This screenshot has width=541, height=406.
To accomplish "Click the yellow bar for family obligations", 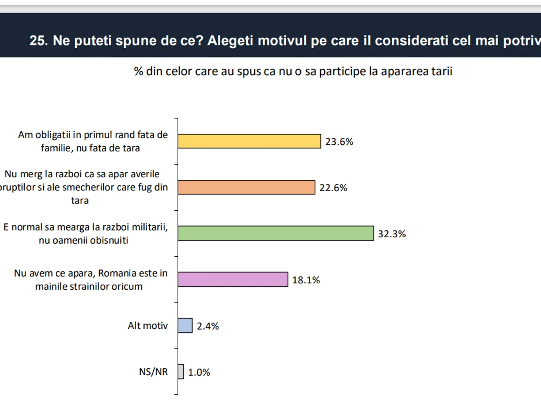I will (x=249, y=141).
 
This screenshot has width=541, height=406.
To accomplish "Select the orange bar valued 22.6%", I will (x=246, y=188).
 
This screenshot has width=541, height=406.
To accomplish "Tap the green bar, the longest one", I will (x=275, y=233).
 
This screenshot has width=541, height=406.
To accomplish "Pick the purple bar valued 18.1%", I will (x=233, y=279).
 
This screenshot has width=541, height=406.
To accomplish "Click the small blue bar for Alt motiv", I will (x=185, y=325).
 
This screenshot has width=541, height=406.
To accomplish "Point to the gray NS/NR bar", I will (x=181, y=372).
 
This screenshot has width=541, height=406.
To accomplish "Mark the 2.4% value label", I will (x=208, y=326).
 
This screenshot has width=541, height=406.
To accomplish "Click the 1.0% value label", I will (x=199, y=372).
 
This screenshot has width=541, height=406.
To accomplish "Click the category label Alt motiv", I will (x=147, y=325).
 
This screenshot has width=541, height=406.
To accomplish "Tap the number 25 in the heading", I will (x=37, y=41).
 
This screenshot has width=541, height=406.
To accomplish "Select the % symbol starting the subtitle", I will (x=138, y=72).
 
